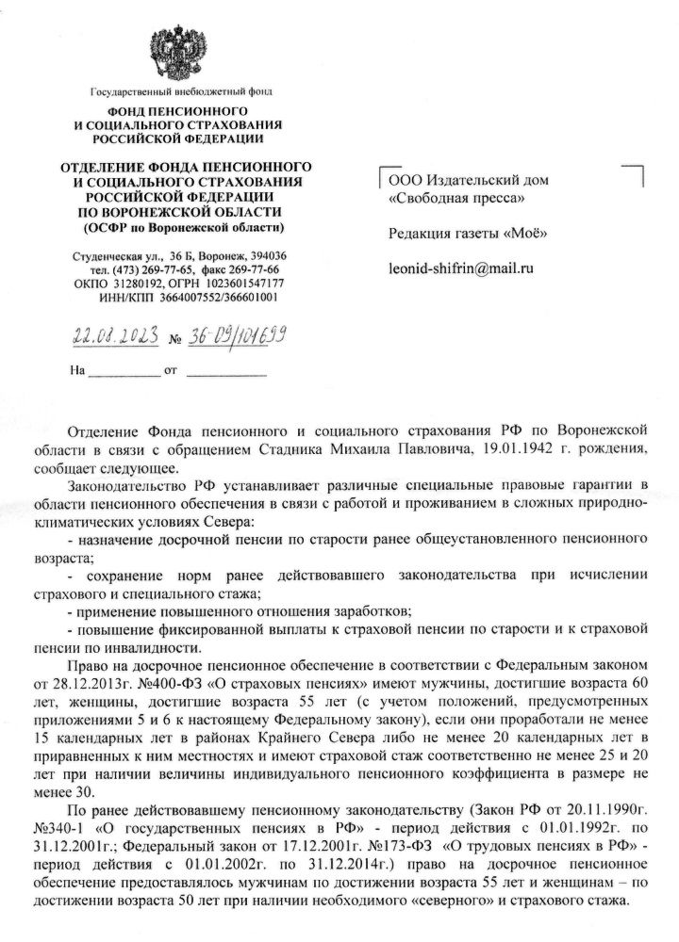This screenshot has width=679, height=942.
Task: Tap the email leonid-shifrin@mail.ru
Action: (461, 268)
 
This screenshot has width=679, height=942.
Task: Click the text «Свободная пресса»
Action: (457, 199)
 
